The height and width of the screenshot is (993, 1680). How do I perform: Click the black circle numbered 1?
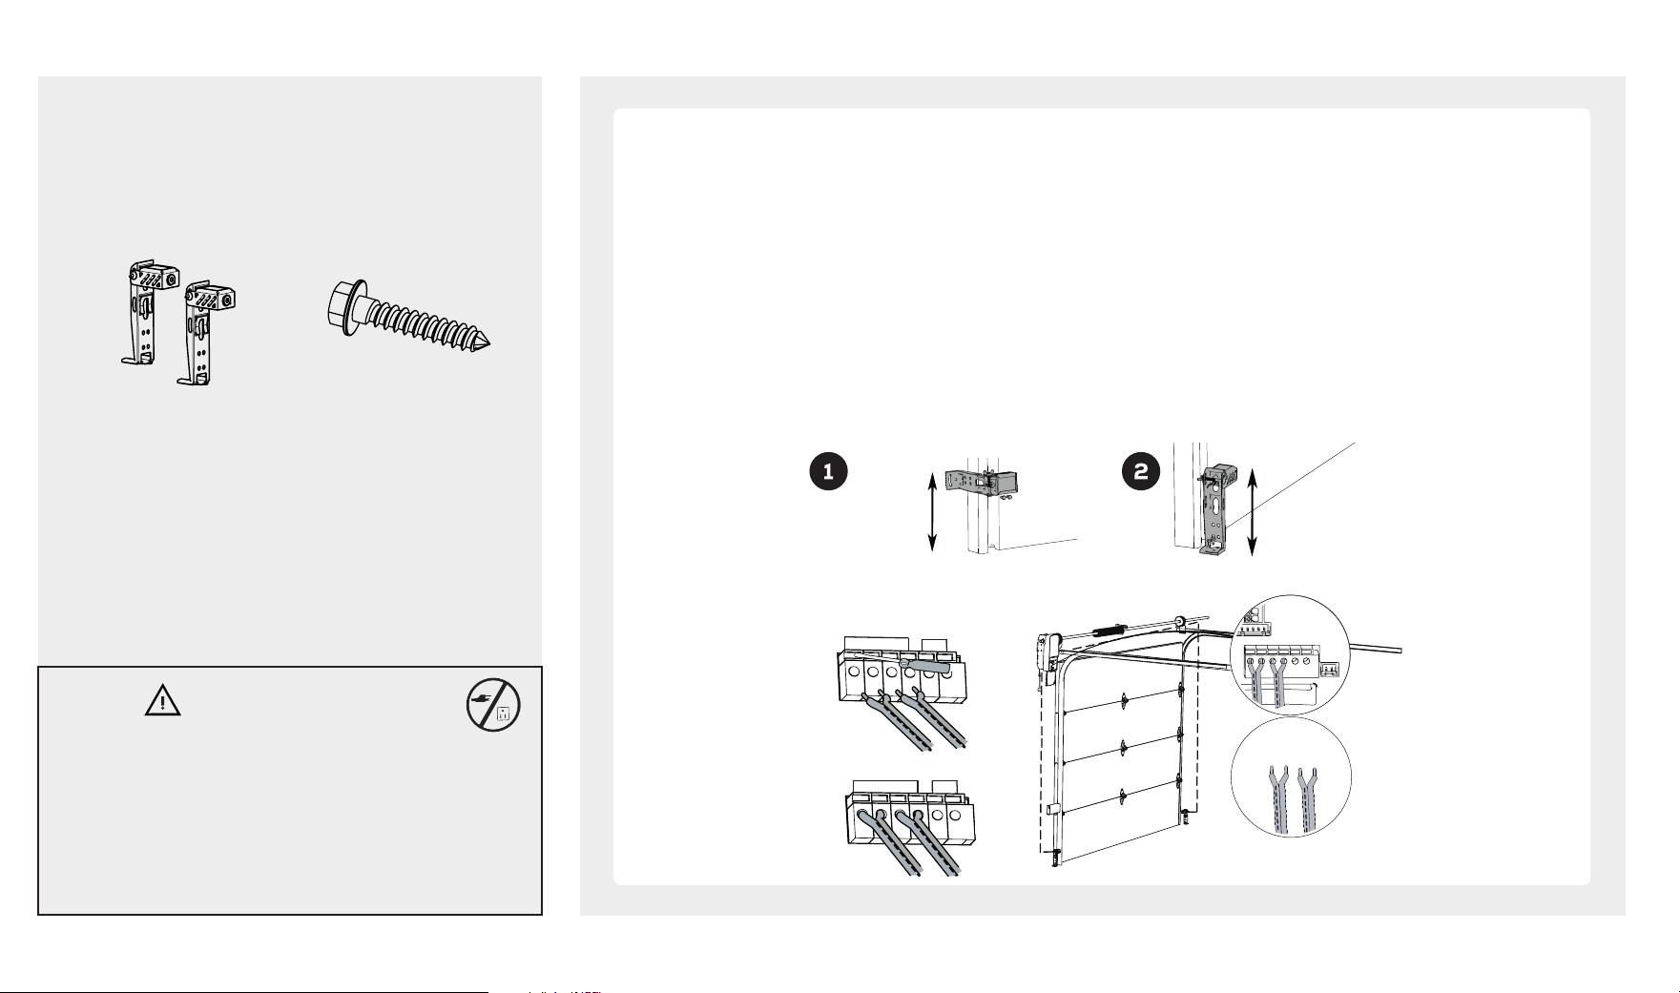coord(828,472)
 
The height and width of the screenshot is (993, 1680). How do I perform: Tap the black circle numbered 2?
coord(1141,472)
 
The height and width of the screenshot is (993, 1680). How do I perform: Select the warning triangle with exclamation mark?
coord(163,701)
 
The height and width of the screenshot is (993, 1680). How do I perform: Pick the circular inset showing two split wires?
coord(1291,777)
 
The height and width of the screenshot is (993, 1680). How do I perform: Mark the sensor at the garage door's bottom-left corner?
coord(1054,856)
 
